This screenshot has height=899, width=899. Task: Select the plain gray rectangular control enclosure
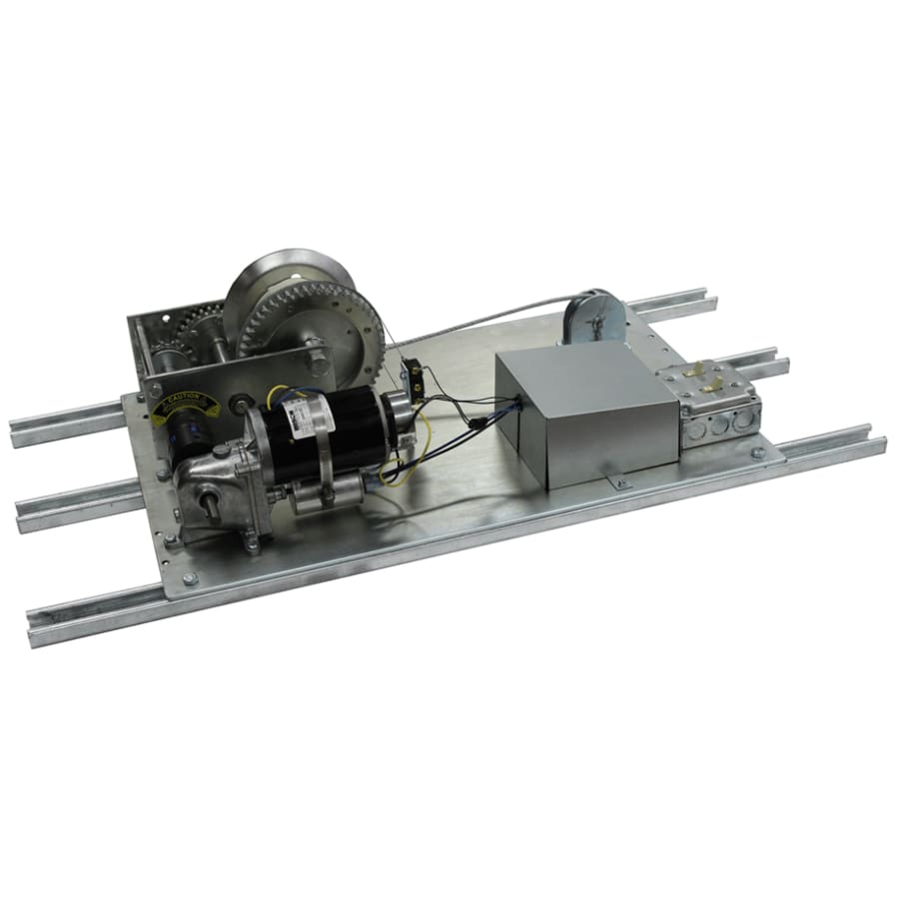pos(584,410)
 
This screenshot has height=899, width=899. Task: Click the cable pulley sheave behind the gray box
pos(593,318)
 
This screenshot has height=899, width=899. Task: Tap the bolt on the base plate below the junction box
pos(758,453)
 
